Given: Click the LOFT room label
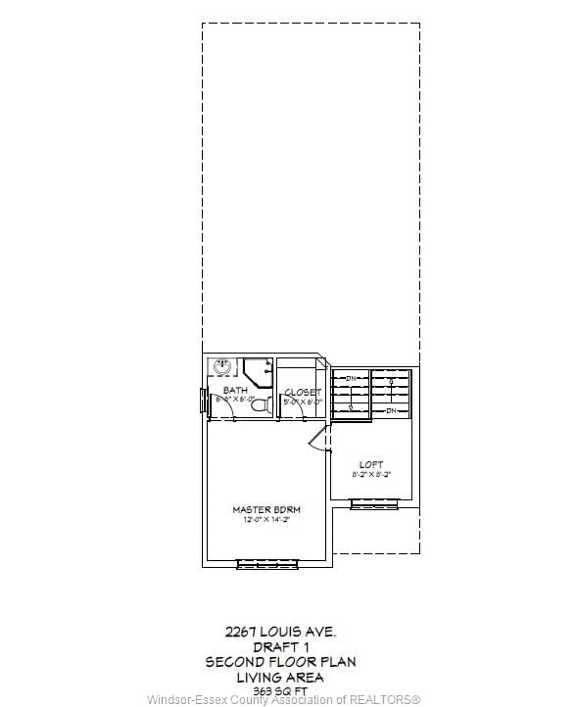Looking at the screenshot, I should pyautogui.click(x=371, y=465).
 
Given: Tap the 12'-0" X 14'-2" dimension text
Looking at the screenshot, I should pyautogui.click(x=266, y=520).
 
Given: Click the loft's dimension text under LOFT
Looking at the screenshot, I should pyautogui.click(x=371, y=475).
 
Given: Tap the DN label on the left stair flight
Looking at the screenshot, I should pyautogui.click(x=351, y=378).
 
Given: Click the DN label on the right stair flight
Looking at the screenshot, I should pyautogui.click(x=391, y=411).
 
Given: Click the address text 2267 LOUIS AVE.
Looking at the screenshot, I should pyautogui.click(x=281, y=632).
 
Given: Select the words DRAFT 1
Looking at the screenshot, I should pyautogui.click(x=281, y=648).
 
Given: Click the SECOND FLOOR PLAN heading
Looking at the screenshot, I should pyautogui.click(x=281, y=662).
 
